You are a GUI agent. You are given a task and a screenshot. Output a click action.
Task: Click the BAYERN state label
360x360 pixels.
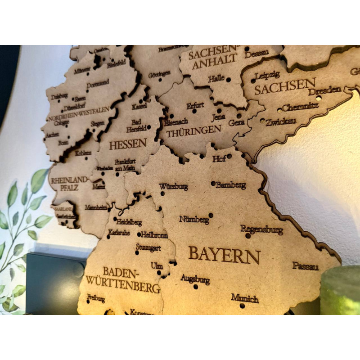point(224,255)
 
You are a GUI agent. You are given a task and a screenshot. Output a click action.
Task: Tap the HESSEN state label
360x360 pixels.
point(128,144)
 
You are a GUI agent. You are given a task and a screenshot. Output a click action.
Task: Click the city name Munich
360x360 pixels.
point(245,298)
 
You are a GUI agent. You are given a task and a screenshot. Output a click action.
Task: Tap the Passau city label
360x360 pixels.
point(306,266)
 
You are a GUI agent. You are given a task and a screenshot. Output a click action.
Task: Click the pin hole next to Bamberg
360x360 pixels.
point(213,183)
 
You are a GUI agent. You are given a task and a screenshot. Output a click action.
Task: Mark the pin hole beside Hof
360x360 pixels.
point(229,156)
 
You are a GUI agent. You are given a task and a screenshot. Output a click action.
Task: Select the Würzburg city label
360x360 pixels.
point(173,186)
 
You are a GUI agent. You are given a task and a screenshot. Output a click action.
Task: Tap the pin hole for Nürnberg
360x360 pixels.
point(211,215)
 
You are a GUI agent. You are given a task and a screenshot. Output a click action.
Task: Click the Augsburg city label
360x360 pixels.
point(195,279)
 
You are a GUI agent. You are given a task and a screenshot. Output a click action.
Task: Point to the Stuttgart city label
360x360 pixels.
point(148,247)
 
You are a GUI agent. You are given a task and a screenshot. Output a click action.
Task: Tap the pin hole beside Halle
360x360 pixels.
point(228,80)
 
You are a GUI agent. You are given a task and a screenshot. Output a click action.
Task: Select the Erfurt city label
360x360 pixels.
point(195,106)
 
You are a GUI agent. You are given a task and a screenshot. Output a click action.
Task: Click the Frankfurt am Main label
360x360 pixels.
point(125,164)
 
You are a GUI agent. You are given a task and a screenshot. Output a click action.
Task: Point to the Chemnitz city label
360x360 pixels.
point(301,107)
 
